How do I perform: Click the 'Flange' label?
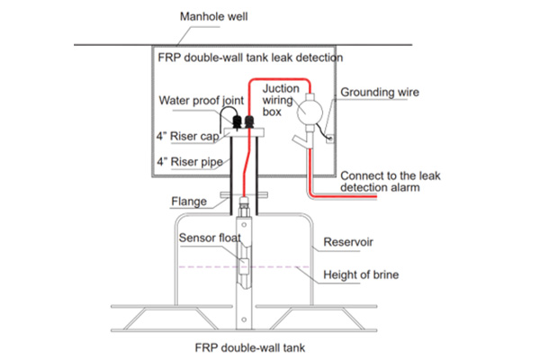[x=188, y=202]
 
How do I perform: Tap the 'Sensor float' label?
[x=208, y=238]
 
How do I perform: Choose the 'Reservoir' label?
[x=347, y=243]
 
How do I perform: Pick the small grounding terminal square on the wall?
[x=328, y=139]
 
